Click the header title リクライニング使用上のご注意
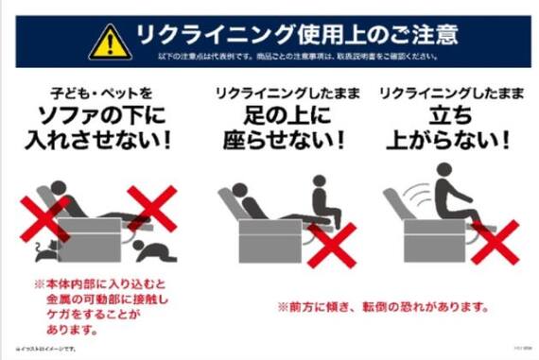click(x=295, y=34)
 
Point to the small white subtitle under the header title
click(x=296, y=58)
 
